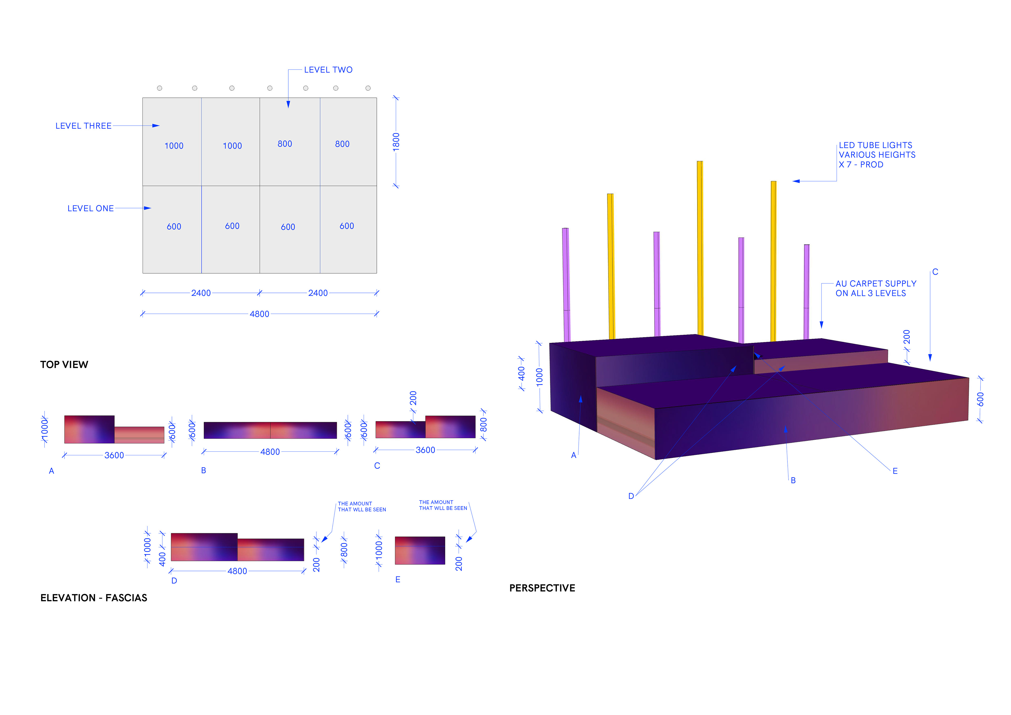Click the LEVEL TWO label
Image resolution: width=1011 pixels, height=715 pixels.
[328, 70]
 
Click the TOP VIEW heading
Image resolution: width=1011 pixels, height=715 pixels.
[64, 364]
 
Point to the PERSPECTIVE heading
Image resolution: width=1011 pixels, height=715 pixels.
[542, 588]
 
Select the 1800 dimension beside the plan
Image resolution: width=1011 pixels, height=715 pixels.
[396, 142]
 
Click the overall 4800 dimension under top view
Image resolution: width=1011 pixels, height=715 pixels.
[259, 314]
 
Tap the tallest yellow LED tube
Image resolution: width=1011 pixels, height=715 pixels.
[700, 248]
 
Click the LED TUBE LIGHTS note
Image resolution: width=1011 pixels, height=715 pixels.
[877, 155]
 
